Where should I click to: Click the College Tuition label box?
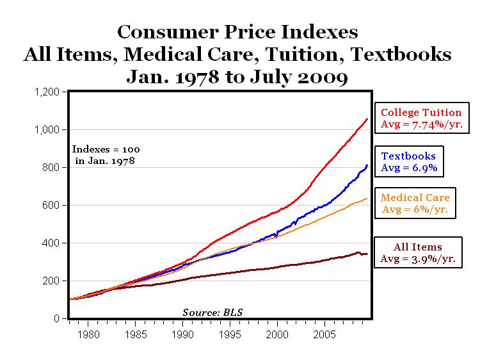coord(422,118)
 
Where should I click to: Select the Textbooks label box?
coord(409,162)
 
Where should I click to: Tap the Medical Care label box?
coord(415,204)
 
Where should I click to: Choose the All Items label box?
coord(418,253)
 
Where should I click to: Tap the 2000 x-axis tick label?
coord(278,334)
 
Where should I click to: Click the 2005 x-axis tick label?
coord(325,334)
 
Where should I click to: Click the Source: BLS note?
coord(213,312)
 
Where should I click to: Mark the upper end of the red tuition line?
coord(367,119)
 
